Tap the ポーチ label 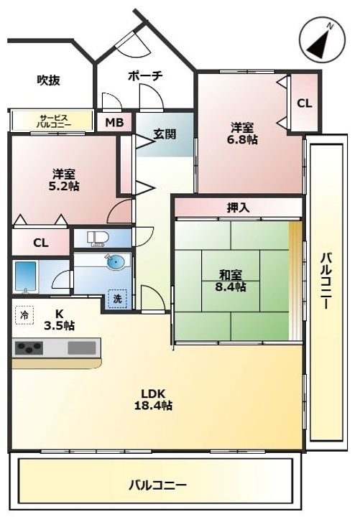tap(145, 76)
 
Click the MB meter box tap(114, 122)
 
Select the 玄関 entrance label tap(165, 134)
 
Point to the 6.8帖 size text tap(242, 140)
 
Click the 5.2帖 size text tap(64, 186)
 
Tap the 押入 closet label tap(238, 208)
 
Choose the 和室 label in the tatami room tap(231, 274)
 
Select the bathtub tap(25, 277)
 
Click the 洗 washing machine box tap(118, 299)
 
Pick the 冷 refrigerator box tap(24, 315)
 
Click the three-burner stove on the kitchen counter tap(29, 348)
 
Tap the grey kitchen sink tap(82, 348)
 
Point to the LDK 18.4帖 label tap(153, 399)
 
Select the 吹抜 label tap(49, 80)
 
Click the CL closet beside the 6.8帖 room tap(305, 103)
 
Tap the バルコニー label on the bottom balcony tap(158, 485)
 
